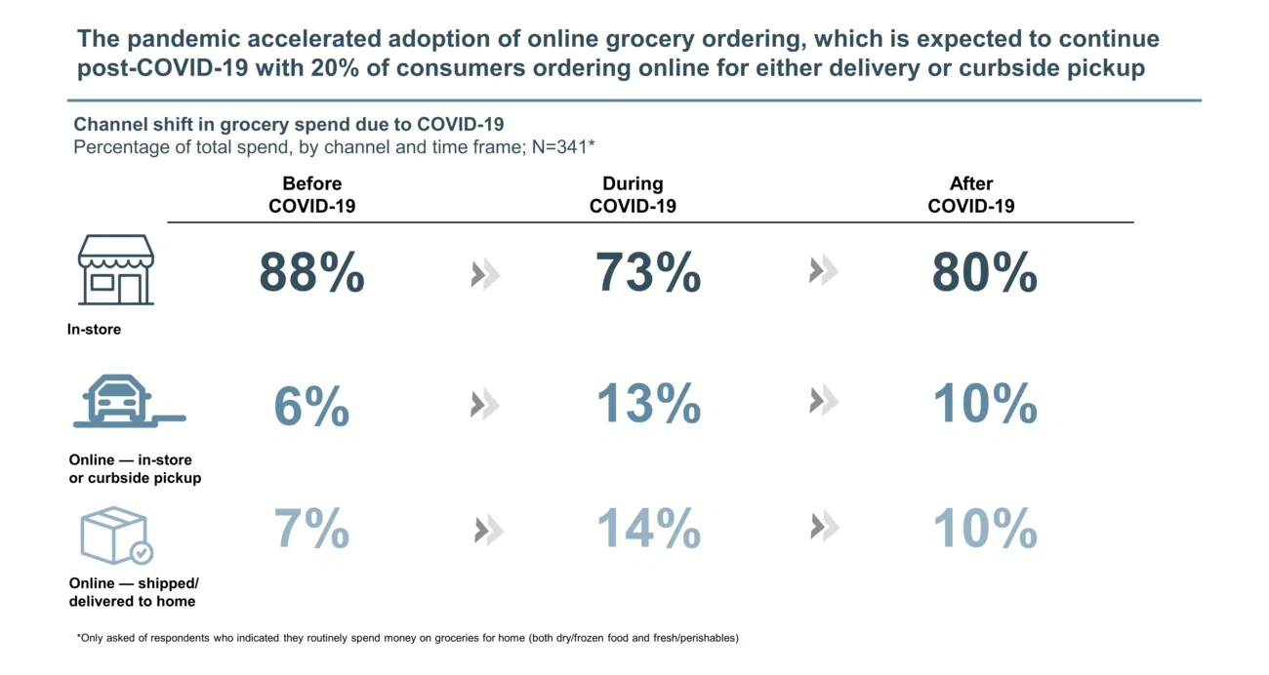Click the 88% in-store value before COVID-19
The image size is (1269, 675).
tap(311, 273)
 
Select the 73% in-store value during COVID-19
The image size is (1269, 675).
tap(648, 273)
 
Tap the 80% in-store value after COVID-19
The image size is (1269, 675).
tap(984, 273)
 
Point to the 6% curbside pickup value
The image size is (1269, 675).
tap(311, 405)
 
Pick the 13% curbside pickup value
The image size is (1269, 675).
tap(648, 403)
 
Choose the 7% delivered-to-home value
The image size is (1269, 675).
tap(311, 529)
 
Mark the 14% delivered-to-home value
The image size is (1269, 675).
tap(648, 529)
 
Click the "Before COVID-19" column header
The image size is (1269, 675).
tap(311, 194)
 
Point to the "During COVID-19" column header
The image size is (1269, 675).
tap(633, 194)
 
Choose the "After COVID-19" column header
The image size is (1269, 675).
tap(970, 194)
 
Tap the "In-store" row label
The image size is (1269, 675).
tap(94, 330)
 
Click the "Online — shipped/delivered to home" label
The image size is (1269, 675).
tap(133, 592)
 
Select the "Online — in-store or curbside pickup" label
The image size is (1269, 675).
tap(135, 468)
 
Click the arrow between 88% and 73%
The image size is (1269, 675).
tap(485, 276)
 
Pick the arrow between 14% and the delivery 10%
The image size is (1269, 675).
tap(824, 529)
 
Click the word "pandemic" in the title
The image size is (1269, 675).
tap(178, 39)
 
